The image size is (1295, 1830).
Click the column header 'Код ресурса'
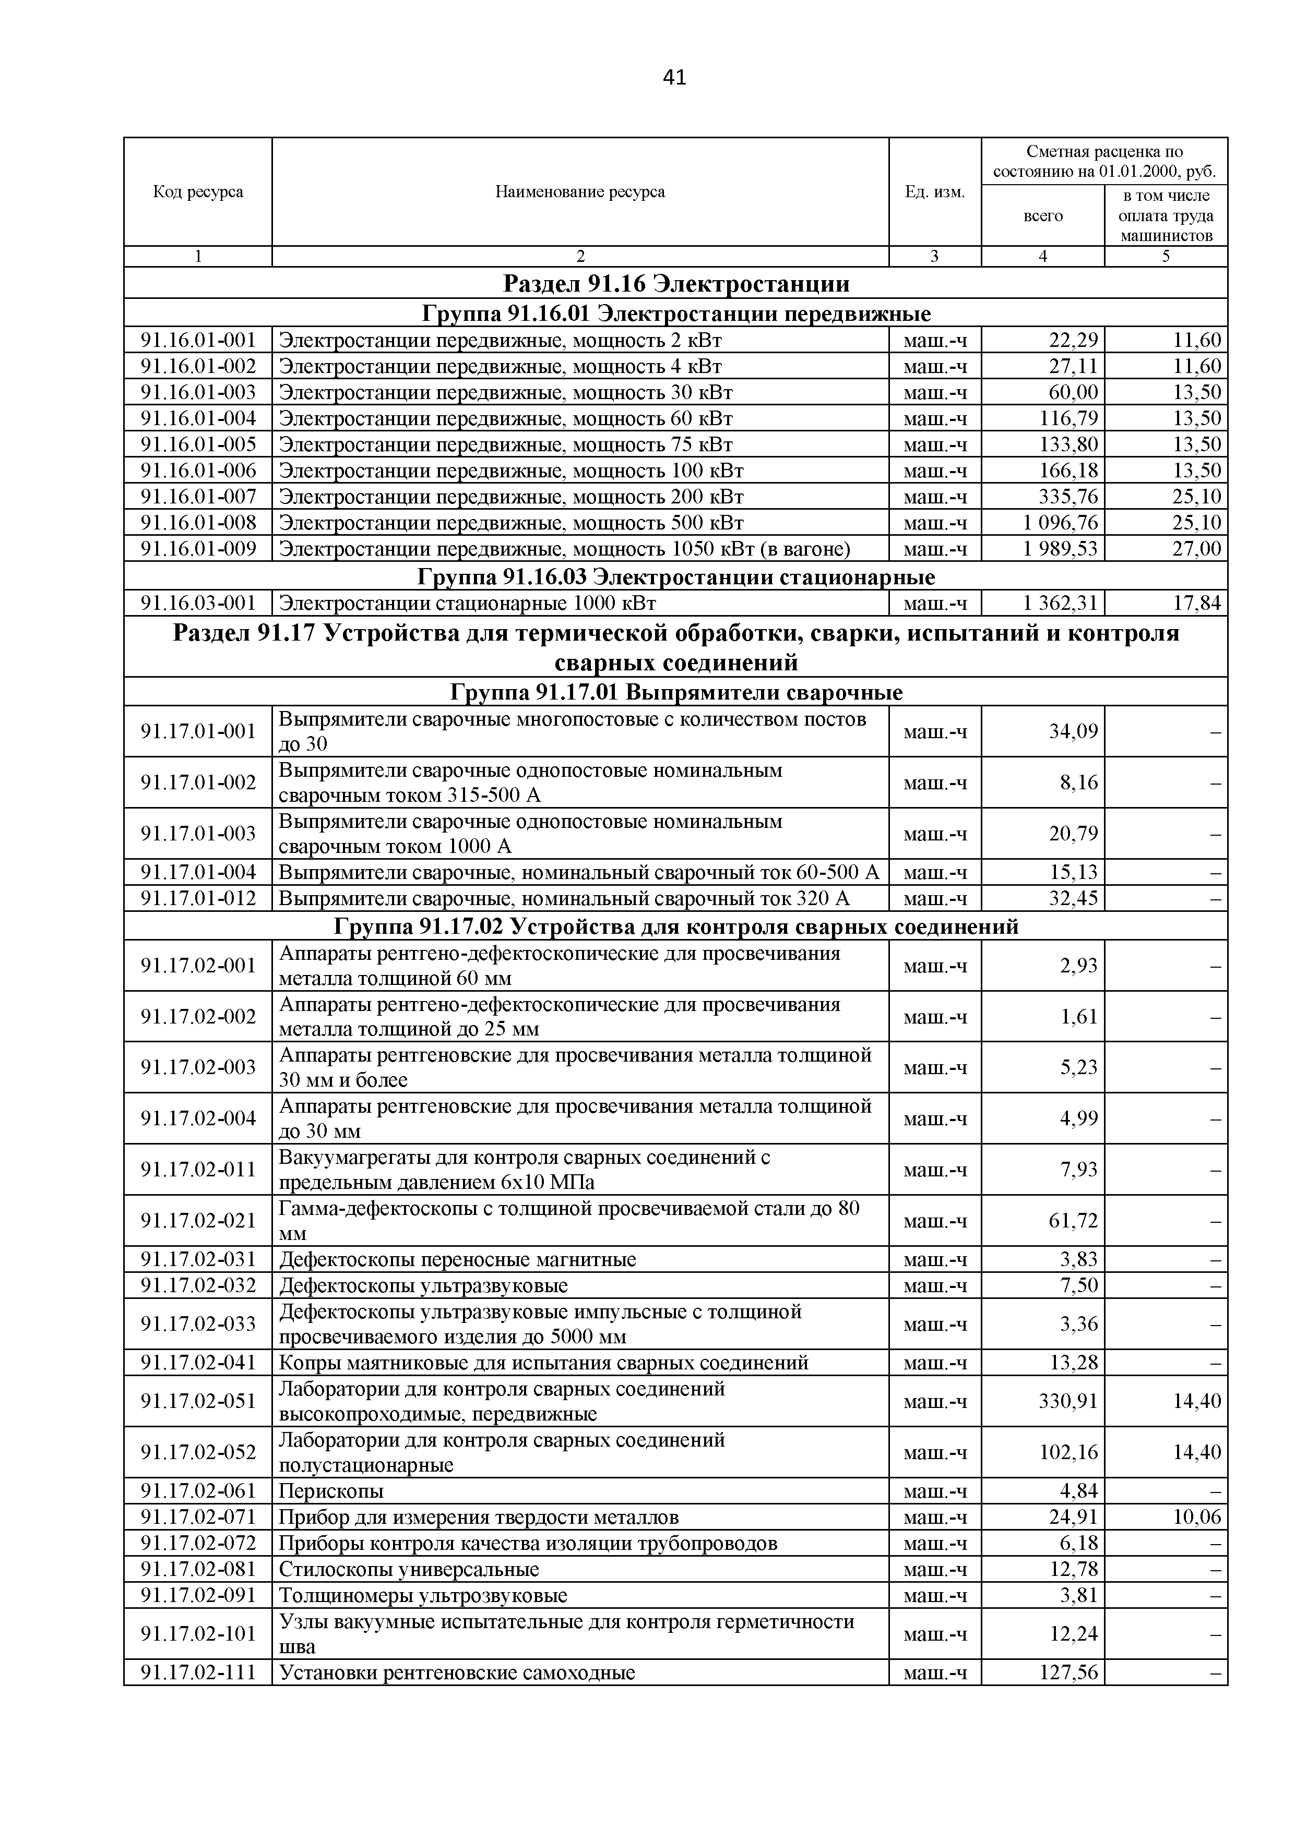[198, 192]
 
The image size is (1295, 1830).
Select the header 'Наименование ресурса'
[580, 192]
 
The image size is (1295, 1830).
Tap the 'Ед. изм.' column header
[934, 192]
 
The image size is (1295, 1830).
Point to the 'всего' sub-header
[1042, 216]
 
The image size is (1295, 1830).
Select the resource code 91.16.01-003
[198, 392]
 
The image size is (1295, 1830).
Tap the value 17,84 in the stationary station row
[1196, 604]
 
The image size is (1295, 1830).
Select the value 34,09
[1073, 731]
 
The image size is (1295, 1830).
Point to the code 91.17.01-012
[198, 898]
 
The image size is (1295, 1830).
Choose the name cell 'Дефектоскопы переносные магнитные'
[458, 1259]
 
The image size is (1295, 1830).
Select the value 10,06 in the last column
[1196, 1517]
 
